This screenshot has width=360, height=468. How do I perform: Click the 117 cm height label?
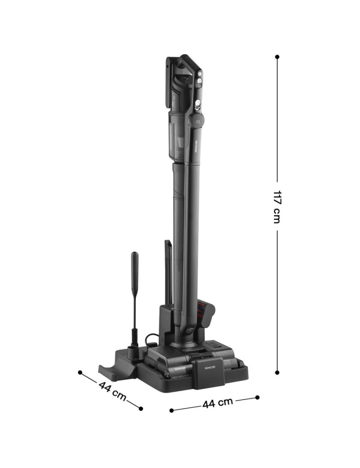click(x=277, y=206)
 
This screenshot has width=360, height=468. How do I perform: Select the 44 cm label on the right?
click(x=218, y=403)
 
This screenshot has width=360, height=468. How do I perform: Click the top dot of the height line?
click(x=277, y=56)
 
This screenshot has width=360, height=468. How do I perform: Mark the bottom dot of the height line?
click(x=277, y=372)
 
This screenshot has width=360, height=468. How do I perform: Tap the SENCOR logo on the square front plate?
click(x=209, y=367)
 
